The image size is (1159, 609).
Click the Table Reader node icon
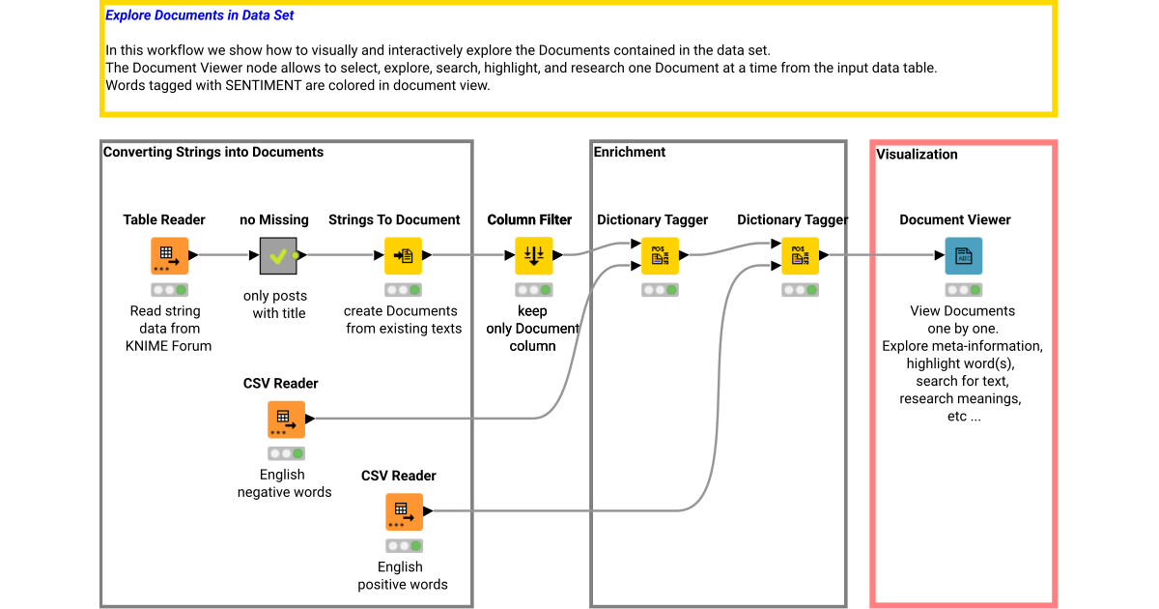point(169,256)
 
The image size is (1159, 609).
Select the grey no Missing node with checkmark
point(278,256)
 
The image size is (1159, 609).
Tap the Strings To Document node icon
point(404,256)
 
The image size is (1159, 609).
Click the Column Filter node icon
point(533,256)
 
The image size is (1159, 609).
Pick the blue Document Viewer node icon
point(963,256)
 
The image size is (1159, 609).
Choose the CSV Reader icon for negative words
point(286,420)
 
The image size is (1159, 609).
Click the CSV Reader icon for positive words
point(404,511)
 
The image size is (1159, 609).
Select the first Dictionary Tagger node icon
point(660,256)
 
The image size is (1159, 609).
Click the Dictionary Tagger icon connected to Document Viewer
point(800,256)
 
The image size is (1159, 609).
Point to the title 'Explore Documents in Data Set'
point(200,15)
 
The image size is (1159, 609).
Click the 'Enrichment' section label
point(630,152)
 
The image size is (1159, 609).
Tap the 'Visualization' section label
point(917,154)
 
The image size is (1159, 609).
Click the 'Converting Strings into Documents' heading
point(213,152)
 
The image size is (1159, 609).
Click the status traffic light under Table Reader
point(169,290)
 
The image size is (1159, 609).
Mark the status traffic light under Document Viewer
point(963,290)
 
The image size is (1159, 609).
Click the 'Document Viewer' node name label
point(955,219)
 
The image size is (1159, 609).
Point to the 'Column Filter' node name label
point(529,219)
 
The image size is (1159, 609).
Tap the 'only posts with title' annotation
point(279,304)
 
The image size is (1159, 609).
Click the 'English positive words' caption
point(402,575)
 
